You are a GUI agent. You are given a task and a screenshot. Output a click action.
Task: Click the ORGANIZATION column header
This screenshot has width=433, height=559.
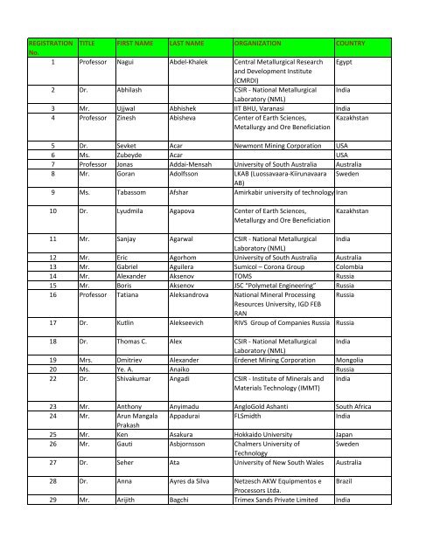[x=262, y=42]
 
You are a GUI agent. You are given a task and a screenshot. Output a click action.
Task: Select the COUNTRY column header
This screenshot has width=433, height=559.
[x=350, y=42]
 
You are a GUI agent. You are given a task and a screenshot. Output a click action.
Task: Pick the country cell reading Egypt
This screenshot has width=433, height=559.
[x=346, y=64]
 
